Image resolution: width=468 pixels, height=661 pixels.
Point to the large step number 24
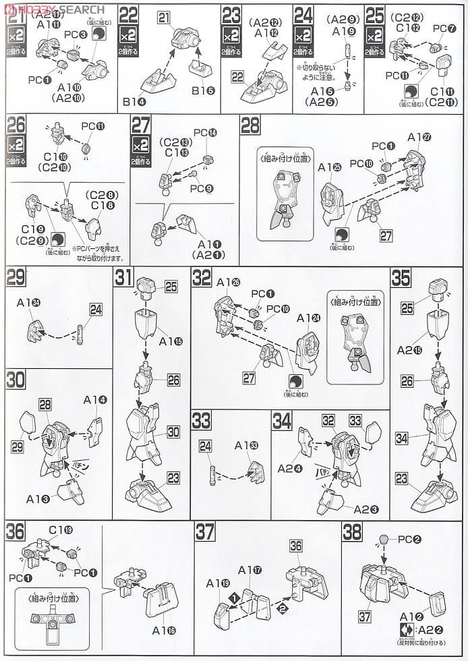click(303, 15)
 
